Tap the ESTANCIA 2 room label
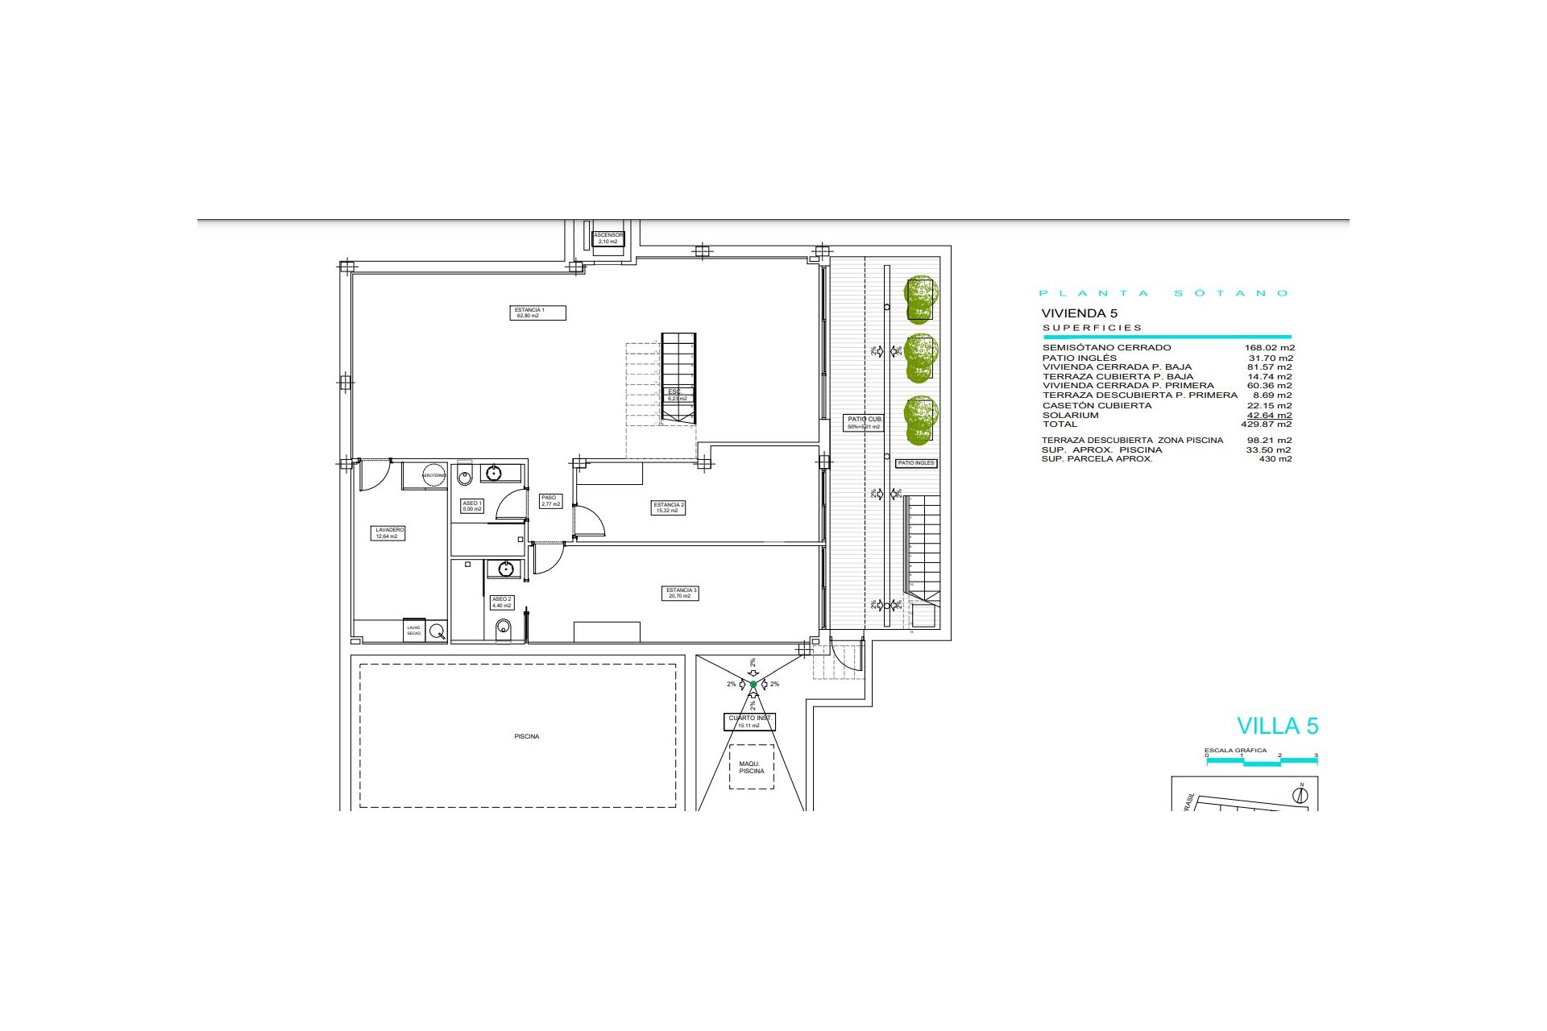669,507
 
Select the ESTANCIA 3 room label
681,593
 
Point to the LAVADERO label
389,533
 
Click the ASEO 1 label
472,506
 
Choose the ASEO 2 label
501,602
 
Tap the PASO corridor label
550,501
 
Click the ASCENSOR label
608,238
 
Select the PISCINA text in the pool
527,736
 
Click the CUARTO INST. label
750,722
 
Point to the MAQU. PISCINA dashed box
751,767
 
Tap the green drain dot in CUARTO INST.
753,685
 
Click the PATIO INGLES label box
916,463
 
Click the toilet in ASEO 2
504,627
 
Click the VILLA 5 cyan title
1277,726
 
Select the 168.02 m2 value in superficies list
1269,348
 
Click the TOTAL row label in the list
1060,424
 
